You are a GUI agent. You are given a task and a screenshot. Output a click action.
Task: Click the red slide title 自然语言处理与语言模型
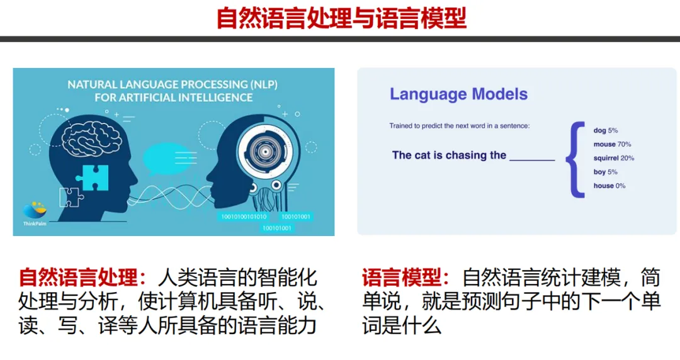click(x=341, y=18)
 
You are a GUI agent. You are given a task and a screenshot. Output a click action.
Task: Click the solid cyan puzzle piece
click(x=93, y=177)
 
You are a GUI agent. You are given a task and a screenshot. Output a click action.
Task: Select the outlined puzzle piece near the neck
click(x=71, y=198)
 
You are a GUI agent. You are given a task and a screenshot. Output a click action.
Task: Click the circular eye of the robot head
click(x=264, y=152)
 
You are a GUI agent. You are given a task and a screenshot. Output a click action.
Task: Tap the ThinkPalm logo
click(x=35, y=213)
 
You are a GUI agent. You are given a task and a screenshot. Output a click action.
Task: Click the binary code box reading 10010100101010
click(x=244, y=217)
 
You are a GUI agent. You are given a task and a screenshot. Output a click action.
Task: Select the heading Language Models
click(x=458, y=94)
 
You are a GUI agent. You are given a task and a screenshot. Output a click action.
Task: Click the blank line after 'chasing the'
click(x=532, y=160)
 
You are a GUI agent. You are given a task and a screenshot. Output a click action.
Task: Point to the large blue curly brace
click(x=575, y=160)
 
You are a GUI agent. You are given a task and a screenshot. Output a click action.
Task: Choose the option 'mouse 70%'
click(x=613, y=144)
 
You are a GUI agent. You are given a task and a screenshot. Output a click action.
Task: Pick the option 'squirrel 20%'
click(x=614, y=158)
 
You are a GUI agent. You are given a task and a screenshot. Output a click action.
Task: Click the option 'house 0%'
click(x=609, y=186)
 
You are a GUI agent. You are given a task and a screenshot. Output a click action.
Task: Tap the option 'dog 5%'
click(x=606, y=130)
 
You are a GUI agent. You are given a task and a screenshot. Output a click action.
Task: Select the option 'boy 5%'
click(x=606, y=172)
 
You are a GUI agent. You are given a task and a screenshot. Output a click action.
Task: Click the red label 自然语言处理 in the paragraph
click(x=78, y=278)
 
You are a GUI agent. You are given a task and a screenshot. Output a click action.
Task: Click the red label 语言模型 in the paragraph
click(x=402, y=278)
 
